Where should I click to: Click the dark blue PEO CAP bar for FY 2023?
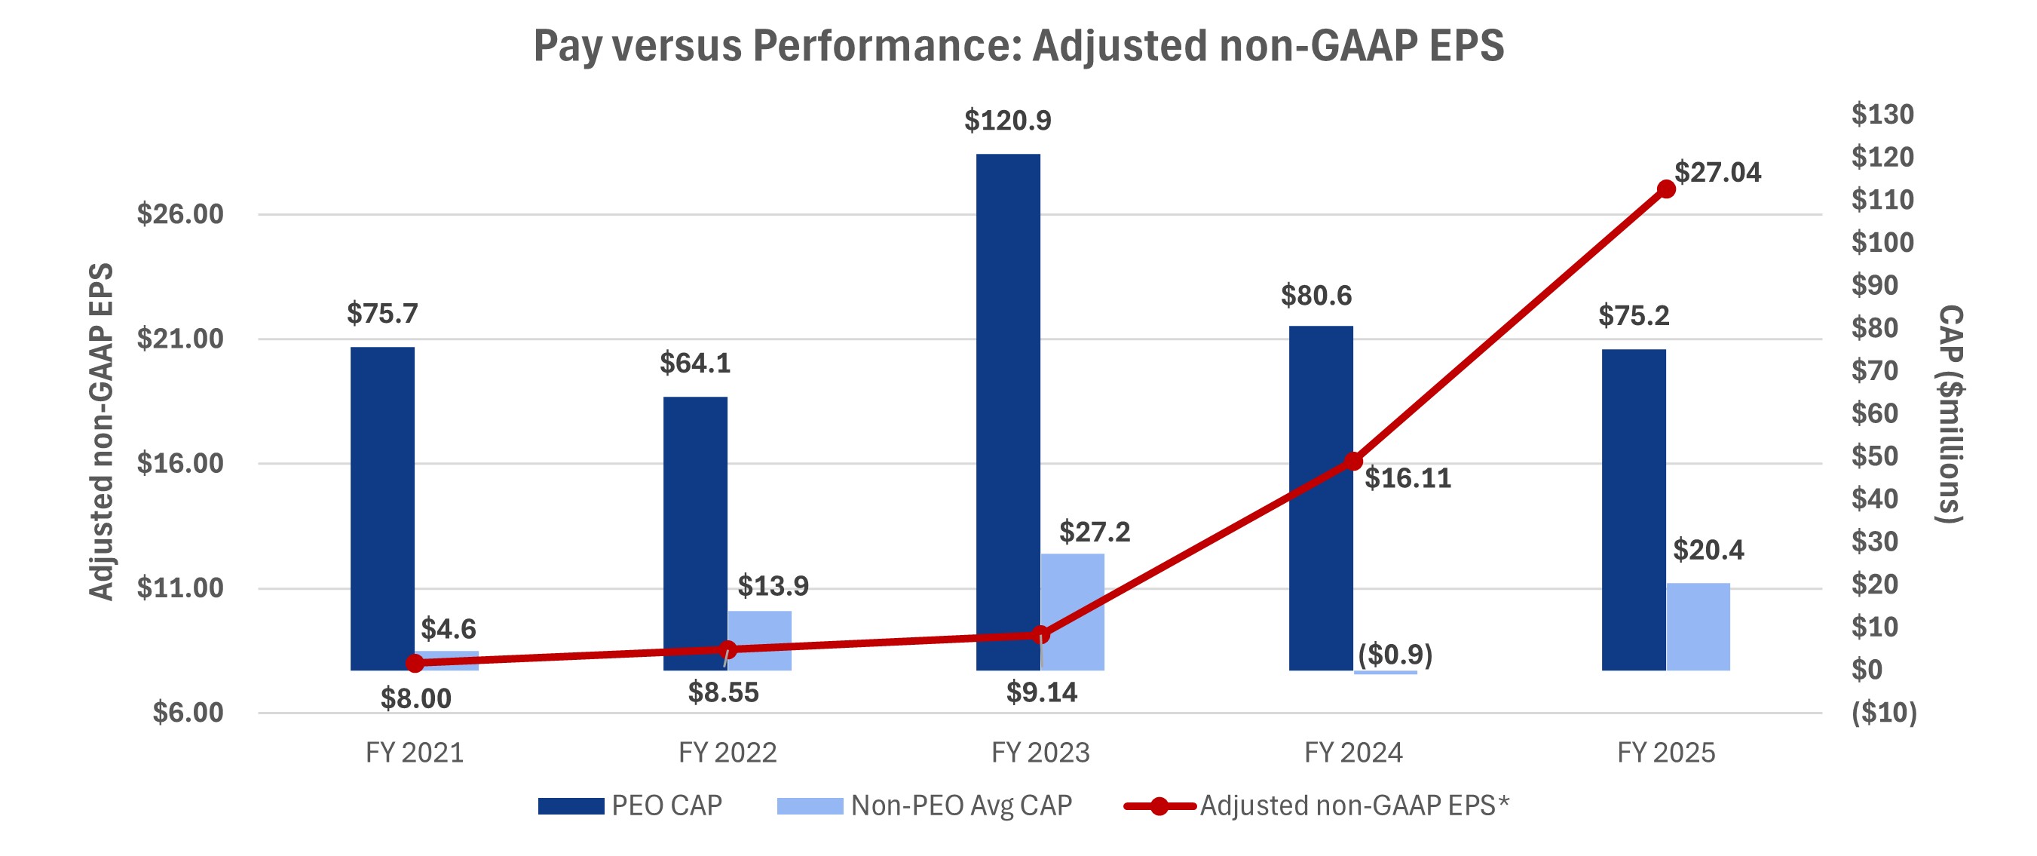1007,411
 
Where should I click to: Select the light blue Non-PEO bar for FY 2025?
1698,627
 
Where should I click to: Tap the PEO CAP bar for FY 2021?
382,508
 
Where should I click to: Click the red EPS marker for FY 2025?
1666,189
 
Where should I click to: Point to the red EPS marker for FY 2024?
1353,462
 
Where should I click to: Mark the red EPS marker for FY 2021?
415,664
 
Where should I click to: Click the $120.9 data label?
1007,120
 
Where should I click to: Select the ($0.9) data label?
1395,655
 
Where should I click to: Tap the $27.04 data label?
1717,173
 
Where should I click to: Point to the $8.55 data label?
723,692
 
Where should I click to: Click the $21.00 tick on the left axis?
180,339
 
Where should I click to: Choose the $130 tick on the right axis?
1882,115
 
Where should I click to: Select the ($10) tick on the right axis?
1884,712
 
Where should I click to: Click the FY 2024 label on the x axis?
1353,753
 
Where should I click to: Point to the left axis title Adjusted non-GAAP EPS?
100,432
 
